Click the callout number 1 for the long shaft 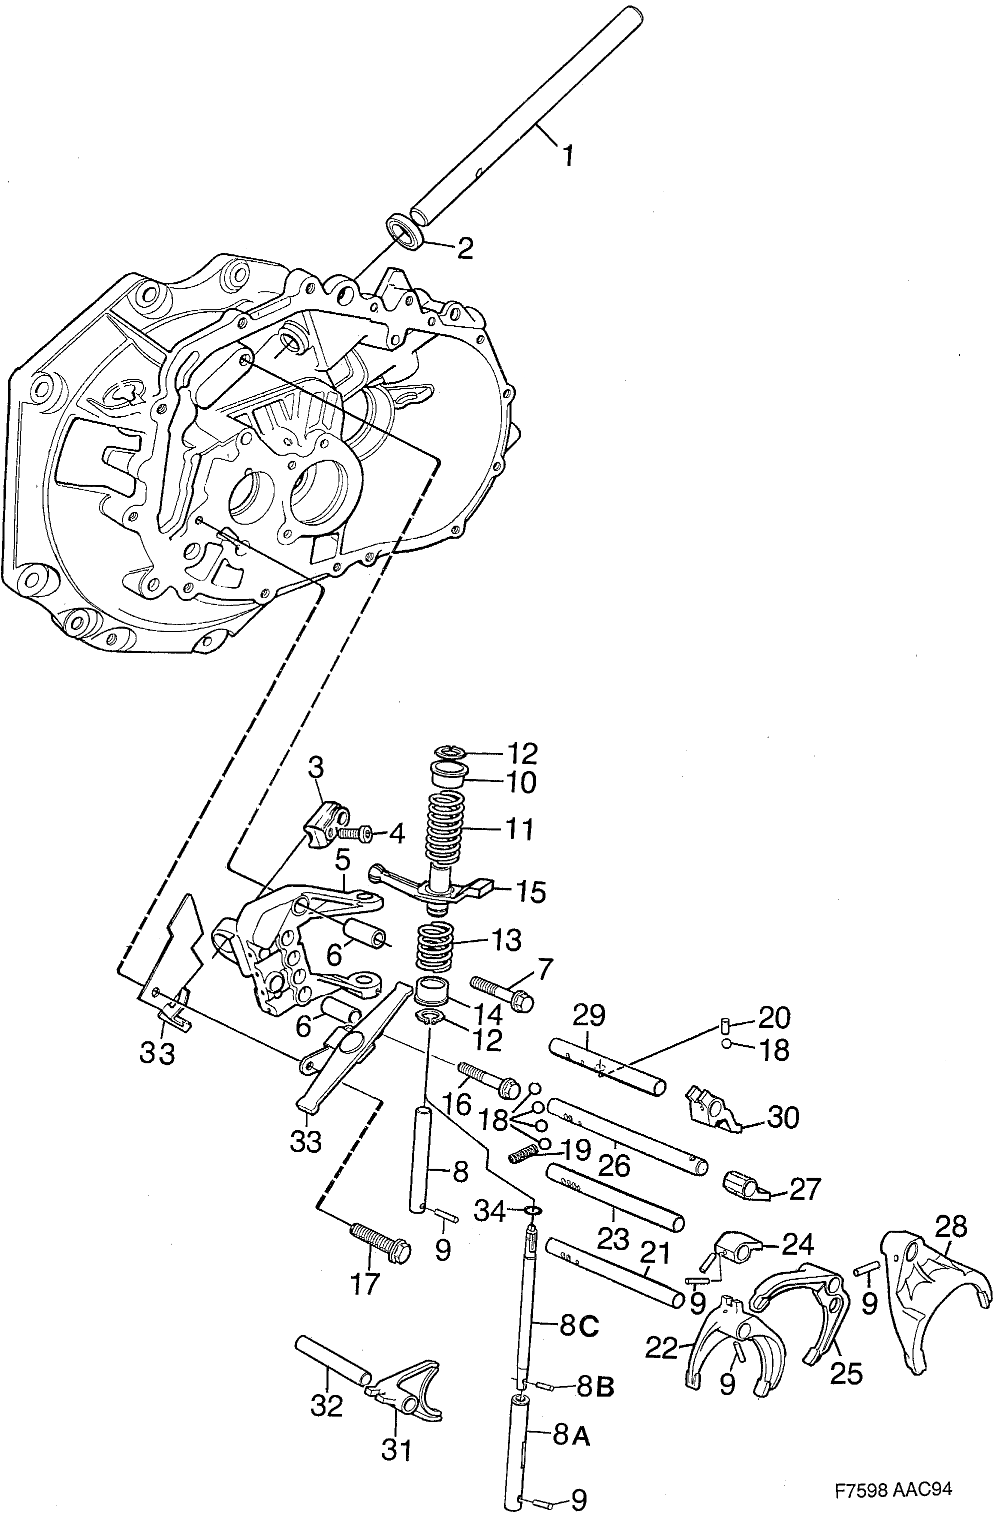567,154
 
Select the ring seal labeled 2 405,231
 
